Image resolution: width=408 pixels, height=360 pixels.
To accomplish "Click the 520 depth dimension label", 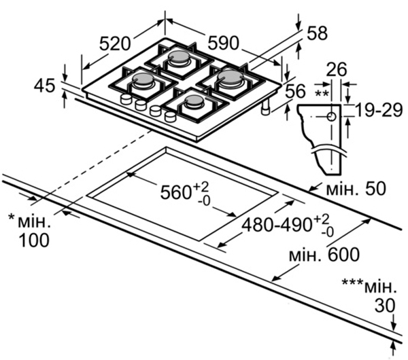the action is pyautogui.click(x=115, y=43).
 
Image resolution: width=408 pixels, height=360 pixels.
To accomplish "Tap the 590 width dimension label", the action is pyautogui.click(x=223, y=43).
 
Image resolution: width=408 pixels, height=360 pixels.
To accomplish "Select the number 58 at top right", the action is pyautogui.click(x=317, y=33).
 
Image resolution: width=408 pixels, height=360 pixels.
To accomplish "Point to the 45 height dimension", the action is pyautogui.click(x=44, y=86).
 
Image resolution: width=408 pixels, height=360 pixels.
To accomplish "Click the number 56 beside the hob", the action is pyautogui.click(x=295, y=91).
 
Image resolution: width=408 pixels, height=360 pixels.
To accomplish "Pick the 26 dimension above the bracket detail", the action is pyautogui.click(x=337, y=69).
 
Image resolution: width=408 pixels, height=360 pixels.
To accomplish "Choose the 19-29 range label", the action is pyautogui.click(x=379, y=110).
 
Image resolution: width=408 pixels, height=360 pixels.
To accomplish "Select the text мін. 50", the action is pyautogui.click(x=356, y=188).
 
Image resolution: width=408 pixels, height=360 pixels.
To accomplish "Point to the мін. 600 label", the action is pyautogui.click(x=324, y=255).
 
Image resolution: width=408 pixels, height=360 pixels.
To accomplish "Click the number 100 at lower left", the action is pyautogui.click(x=34, y=240).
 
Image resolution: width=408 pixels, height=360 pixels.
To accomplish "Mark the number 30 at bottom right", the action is pyautogui.click(x=385, y=306).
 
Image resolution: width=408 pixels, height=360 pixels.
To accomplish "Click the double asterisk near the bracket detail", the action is pyautogui.click(x=322, y=93).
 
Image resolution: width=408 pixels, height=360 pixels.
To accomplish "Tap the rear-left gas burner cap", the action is pyautogui.click(x=178, y=56).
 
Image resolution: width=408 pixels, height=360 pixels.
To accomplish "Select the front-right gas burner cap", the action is pyautogui.click(x=194, y=100).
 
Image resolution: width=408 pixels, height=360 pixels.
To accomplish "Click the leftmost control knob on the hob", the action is pyautogui.click(x=126, y=98).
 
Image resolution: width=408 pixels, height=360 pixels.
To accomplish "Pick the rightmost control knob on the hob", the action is pyautogui.click(x=171, y=116).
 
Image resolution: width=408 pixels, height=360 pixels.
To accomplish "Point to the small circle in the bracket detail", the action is pyautogui.click(x=332, y=117).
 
